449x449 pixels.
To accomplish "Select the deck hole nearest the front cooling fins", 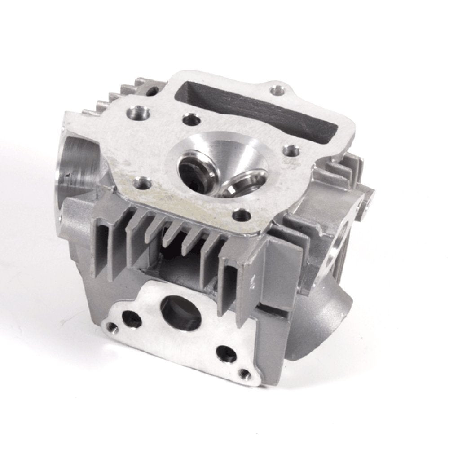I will (241, 215).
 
